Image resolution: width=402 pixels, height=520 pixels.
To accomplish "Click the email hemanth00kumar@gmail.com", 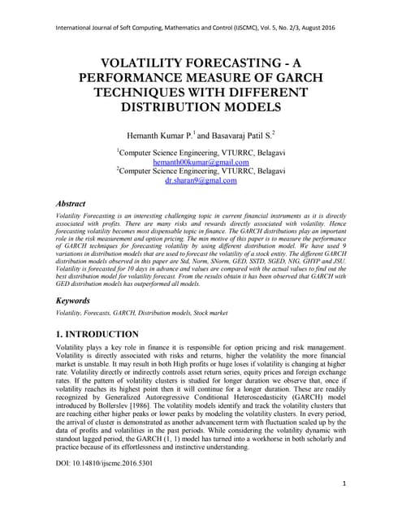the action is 201,162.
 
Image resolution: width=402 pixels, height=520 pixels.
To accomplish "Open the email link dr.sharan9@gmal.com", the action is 201,181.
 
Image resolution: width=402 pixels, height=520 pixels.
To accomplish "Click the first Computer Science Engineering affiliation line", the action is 201,152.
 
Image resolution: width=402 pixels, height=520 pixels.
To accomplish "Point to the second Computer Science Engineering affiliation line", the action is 201,171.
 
